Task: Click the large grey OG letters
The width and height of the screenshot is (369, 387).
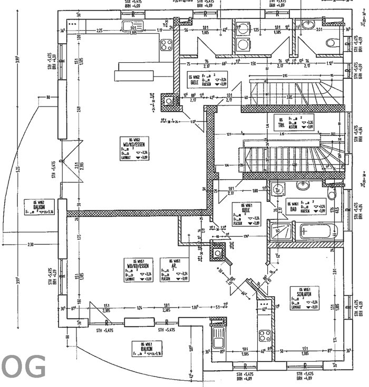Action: pyautogui.click(x=23, y=368)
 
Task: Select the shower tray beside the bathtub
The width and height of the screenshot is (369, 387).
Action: pyautogui.click(x=279, y=231)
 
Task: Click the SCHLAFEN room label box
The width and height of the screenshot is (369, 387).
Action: pyautogui.click(x=305, y=298)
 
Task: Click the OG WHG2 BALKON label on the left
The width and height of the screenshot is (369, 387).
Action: pyautogui.click(x=38, y=207)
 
